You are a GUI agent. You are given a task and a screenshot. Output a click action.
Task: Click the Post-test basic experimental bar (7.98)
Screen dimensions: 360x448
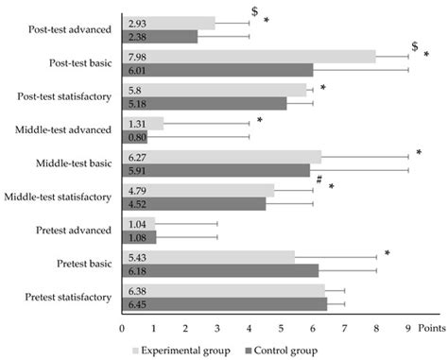coord(250,56)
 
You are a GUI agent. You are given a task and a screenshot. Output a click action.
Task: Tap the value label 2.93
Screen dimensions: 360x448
coord(138,23)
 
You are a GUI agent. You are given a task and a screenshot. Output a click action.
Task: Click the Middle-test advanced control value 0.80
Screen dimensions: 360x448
coord(138,136)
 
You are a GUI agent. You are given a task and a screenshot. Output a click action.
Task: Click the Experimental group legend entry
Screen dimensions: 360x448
coord(183,350)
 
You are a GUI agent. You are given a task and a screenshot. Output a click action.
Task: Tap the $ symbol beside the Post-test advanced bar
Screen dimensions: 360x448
coord(254,11)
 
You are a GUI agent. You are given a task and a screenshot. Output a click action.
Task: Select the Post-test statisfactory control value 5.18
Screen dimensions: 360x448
coord(138,103)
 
